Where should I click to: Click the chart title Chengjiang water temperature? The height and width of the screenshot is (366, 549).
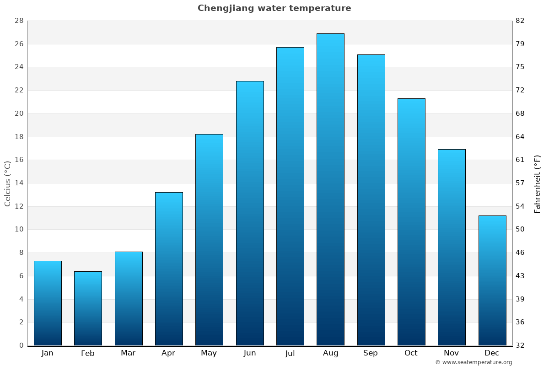click(274, 8)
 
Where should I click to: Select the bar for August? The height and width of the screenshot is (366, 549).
click(330, 189)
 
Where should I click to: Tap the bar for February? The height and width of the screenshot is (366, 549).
click(88, 308)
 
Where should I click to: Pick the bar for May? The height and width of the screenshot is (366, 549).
click(209, 240)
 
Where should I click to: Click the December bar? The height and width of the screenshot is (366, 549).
click(492, 280)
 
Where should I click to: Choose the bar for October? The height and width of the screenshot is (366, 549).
click(411, 222)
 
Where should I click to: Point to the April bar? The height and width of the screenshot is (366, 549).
click(169, 269)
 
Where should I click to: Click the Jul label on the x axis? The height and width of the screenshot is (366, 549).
click(290, 353)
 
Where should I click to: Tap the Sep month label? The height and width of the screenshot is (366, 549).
click(371, 353)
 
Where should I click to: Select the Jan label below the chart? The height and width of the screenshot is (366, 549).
click(48, 353)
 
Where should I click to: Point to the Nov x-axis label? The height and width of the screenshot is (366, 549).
click(452, 353)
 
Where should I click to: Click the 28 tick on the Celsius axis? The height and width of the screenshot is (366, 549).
click(19, 21)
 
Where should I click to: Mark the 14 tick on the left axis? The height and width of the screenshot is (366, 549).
click(19, 183)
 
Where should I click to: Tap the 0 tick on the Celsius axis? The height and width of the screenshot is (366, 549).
click(21, 345)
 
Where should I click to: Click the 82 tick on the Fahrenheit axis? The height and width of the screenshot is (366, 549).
click(520, 21)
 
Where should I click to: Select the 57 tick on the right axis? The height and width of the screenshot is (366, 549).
click(520, 183)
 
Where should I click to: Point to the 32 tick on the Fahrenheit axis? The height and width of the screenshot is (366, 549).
click(520, 345)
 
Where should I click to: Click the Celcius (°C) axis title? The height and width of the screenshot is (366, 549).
click(8, 183)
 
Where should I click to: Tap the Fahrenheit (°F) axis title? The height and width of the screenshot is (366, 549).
click(538, 183)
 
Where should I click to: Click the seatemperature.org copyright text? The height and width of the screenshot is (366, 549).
click(474, 362)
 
